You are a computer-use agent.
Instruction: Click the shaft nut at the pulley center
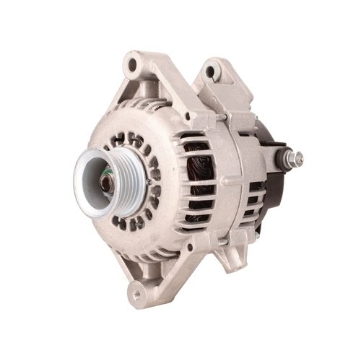point(106,181)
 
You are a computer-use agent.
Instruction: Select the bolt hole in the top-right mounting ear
point(212,71)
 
